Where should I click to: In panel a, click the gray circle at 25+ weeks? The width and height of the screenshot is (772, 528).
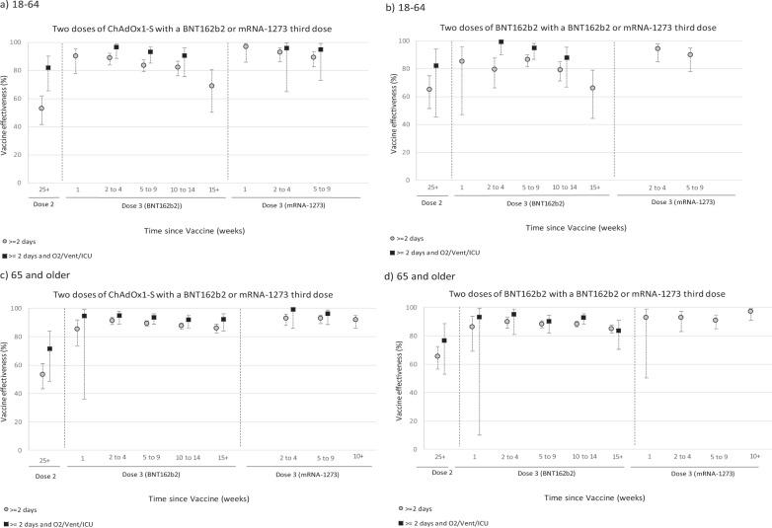click(40, 109)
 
